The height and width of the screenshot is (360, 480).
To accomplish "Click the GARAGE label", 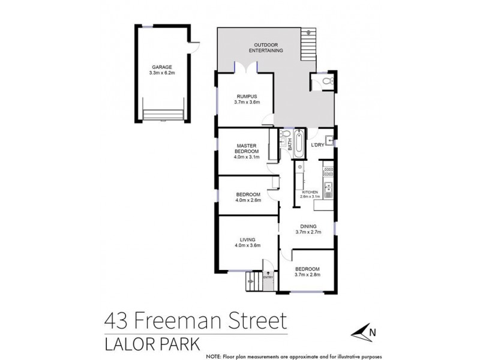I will [x=161, y=68].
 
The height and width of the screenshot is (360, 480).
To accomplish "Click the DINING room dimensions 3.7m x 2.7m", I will [x=310, y=232].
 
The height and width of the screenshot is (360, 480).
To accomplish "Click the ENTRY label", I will [x=268, y=277].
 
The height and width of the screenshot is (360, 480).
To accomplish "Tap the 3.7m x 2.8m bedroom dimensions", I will [x=307, y=275].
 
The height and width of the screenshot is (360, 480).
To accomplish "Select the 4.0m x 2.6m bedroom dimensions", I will [x=248, y=200].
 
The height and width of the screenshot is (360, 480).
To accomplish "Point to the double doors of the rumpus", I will [x=245, y=68].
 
